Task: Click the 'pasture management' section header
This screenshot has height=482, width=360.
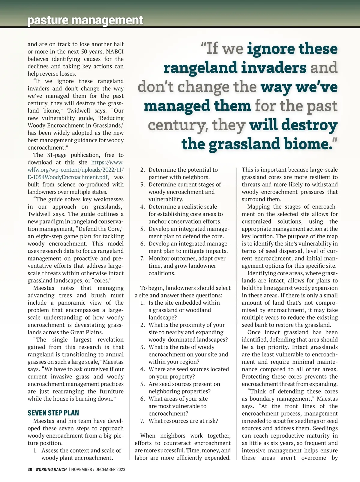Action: point(85,20)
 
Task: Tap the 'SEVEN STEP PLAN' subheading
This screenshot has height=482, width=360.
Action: point(53,413)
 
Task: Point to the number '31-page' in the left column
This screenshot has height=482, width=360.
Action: point(55,155)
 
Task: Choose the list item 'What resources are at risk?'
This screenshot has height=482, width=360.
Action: point(183,421)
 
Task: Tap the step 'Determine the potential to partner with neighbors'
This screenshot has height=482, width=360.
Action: point(183,173)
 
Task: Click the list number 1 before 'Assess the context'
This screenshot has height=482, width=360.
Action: point(35,450)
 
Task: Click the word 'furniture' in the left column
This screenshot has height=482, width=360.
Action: point(109,391)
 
